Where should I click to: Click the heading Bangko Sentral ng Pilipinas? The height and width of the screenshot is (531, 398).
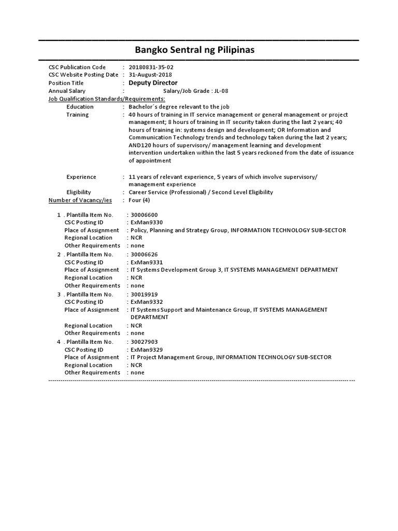[195, 50]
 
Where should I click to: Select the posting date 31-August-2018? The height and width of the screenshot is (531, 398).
[150, 75]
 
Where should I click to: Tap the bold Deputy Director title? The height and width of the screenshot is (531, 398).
[153, 83]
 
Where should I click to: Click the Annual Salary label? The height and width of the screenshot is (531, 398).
[67, 91]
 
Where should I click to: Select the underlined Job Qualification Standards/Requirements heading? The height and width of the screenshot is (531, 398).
[107, 99]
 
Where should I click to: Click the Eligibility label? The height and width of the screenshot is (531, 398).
[78, 192]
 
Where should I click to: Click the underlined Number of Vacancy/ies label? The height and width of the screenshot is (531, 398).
[80, 200]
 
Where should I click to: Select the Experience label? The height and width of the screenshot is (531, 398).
[81, 177]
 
